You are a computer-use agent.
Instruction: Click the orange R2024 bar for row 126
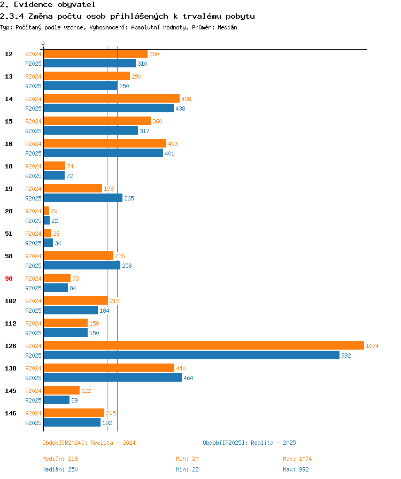(204, 345)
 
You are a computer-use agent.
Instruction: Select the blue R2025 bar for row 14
(109, 108)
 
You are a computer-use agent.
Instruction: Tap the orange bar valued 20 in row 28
(47, 211)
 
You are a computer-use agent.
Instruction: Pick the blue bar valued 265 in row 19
(83, 198)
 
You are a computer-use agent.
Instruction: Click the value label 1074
(372, 346)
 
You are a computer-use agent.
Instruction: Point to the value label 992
(346, 356)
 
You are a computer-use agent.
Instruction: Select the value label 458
(186, 99)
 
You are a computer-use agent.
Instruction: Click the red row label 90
(9, 279)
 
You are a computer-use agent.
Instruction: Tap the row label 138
(11, 368)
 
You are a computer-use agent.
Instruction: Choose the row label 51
(9, 234)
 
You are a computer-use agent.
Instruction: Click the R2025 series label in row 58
(33, 266)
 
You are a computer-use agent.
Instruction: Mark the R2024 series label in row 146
(33, 413)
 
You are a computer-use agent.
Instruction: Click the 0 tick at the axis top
(43, 43)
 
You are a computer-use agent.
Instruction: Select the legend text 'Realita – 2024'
(113, 443)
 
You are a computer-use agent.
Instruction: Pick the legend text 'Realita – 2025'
(273, 443)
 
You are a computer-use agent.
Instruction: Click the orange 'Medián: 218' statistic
(60, 459)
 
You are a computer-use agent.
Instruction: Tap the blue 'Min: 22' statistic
(187, 469)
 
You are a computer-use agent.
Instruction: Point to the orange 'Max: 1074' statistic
(297, 459)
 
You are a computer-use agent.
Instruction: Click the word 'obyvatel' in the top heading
(76, 5)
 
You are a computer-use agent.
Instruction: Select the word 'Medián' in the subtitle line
(227, 27)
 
